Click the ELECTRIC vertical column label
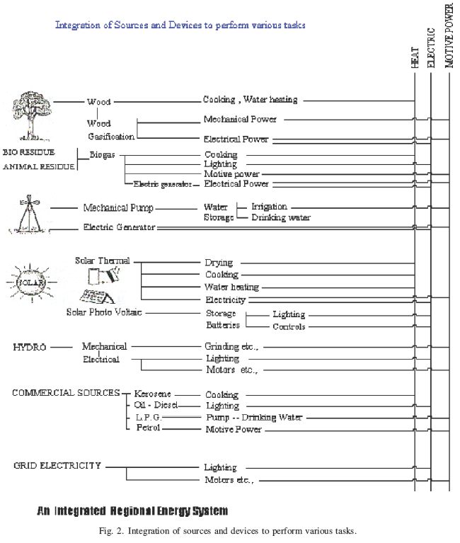(x=431, y=50)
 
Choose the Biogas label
(x=103, y=154)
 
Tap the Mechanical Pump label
(x=118, y=208)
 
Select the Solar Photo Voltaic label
(x=104, y=311)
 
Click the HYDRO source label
(x=30, y=347)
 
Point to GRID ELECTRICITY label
(x=57, y=466)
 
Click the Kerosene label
(x=152, y=394)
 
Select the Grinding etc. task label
(x=231, y=347)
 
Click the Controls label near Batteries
(x=289, y=326)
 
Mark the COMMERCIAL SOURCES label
(x=65, y=393)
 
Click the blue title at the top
(x=180, y=25)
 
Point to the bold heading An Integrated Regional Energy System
(x=132, y=510)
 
